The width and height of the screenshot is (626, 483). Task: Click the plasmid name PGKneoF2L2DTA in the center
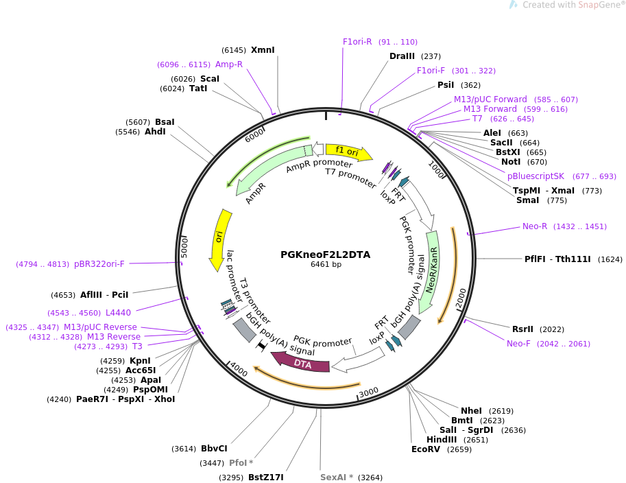pos(326,255)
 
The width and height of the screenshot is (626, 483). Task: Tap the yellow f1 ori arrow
pos(348,152)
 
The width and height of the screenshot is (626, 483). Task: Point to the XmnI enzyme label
pos(263,50)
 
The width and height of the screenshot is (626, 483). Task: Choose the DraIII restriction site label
pos(402,56)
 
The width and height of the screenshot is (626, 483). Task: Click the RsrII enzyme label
pos(522,329)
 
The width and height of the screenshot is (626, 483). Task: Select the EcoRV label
pos(426,449)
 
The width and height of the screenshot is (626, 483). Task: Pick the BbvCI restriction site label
pos(214,448)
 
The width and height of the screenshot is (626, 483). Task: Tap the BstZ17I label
pos(266,477)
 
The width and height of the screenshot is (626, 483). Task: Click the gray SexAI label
pos(333,477)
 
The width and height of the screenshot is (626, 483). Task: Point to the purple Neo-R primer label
pos(535,226)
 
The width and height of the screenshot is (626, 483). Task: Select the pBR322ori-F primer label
pos(99,264)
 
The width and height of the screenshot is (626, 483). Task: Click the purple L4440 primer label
pos(118,313)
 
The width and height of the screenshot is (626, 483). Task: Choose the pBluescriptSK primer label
pos(535,176)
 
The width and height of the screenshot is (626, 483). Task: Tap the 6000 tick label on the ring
pos(254,135)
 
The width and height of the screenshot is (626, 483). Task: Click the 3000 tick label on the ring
pos(368,392)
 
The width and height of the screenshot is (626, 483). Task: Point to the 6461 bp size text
pos(326,264)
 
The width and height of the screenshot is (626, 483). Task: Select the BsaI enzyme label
pos(165,122)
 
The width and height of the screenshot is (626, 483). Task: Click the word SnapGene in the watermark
pos(599,5)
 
